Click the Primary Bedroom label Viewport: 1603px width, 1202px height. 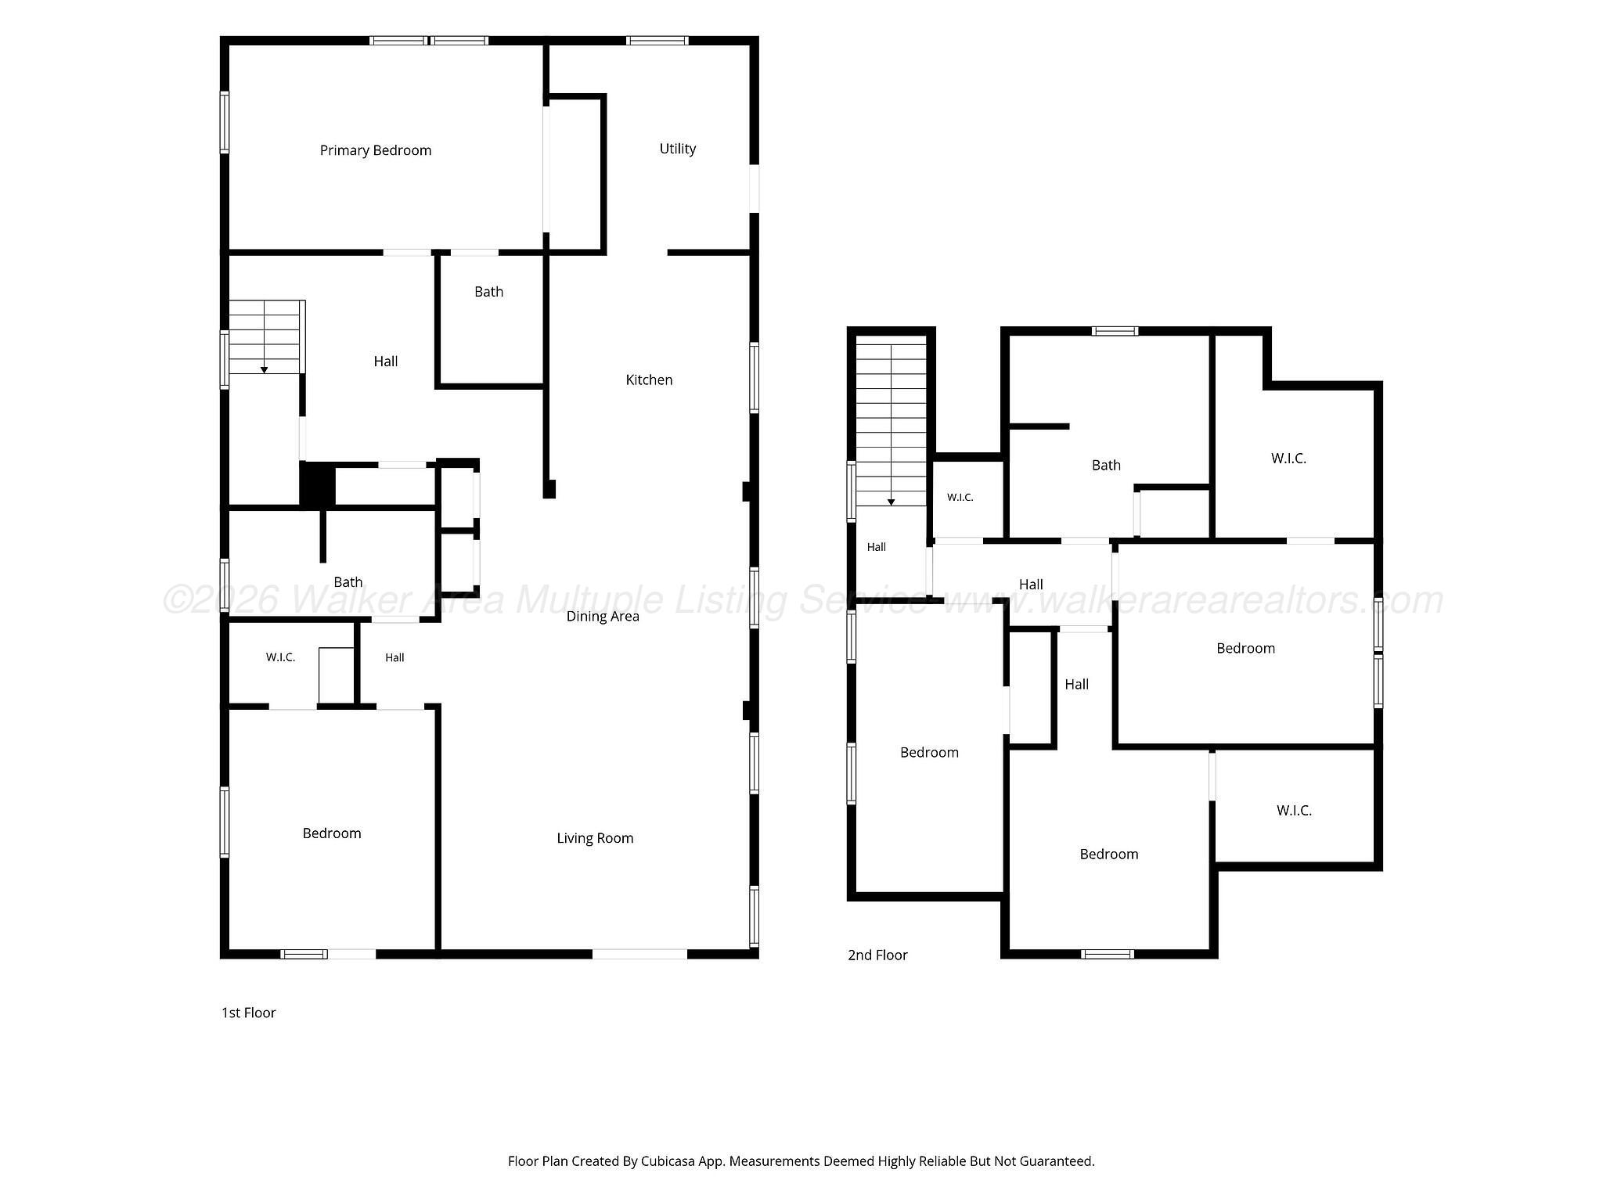pyautogui.click(x=376, y=150)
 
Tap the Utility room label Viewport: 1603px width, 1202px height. pyautogui.click(x=678, y=149)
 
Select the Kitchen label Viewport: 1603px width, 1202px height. pyautogui.click(x=649, y=380)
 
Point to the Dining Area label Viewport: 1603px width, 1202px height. pyautogui.click(x=603, y=617)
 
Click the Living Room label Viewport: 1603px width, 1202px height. pyautogui.click(x=595, y=838)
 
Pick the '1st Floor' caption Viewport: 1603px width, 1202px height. pyautogui.click(x=249, y=1013)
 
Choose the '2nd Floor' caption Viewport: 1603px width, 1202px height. pyautogui.click(x=877, y=955)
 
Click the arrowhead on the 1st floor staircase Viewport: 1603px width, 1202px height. pyautogui.click(x=265, y=369)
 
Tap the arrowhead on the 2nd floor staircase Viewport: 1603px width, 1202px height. pyautogui.click(x=891, y=502)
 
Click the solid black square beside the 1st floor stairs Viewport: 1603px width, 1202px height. pyautogui.click(x=318, y=484)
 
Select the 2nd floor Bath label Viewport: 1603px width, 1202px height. pyautogui.click(x=1106, y=466)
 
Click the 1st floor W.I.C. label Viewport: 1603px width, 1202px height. pyautogui.click(x=280, y=657)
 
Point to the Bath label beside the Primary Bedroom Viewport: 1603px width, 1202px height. pyautogui.click(x=488, y=292)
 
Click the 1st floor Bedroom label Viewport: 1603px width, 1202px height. pyautogui.click(x=332, y=833)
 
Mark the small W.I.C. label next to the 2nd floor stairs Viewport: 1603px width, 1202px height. pyautogui.click(x=960, y=498)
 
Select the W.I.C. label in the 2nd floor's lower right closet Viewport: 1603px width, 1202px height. pyautogui.click(x=1294, y=811)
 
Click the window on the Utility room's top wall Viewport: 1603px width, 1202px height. pyautogui.click(x=657, y=41)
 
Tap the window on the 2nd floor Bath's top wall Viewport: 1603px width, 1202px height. pyautogui.click(x=1115, y=331)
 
